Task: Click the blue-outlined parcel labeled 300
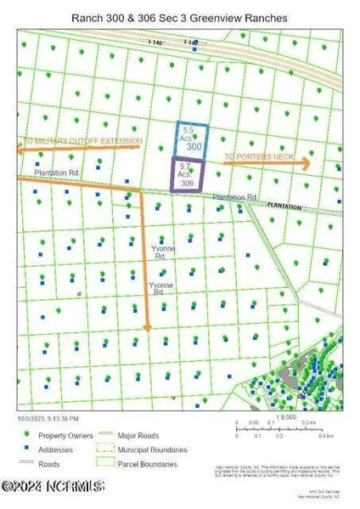coord(192,139)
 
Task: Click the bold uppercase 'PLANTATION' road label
coord(284,205)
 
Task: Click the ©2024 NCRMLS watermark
coord(53,487)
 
